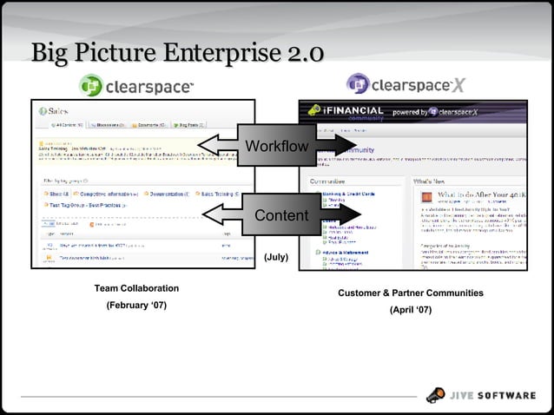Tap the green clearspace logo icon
90,85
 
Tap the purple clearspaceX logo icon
358,84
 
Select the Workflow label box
277,145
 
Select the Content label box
280,214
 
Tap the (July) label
276,258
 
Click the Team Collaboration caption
136,288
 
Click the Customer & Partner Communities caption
411,293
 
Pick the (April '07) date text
411,310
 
